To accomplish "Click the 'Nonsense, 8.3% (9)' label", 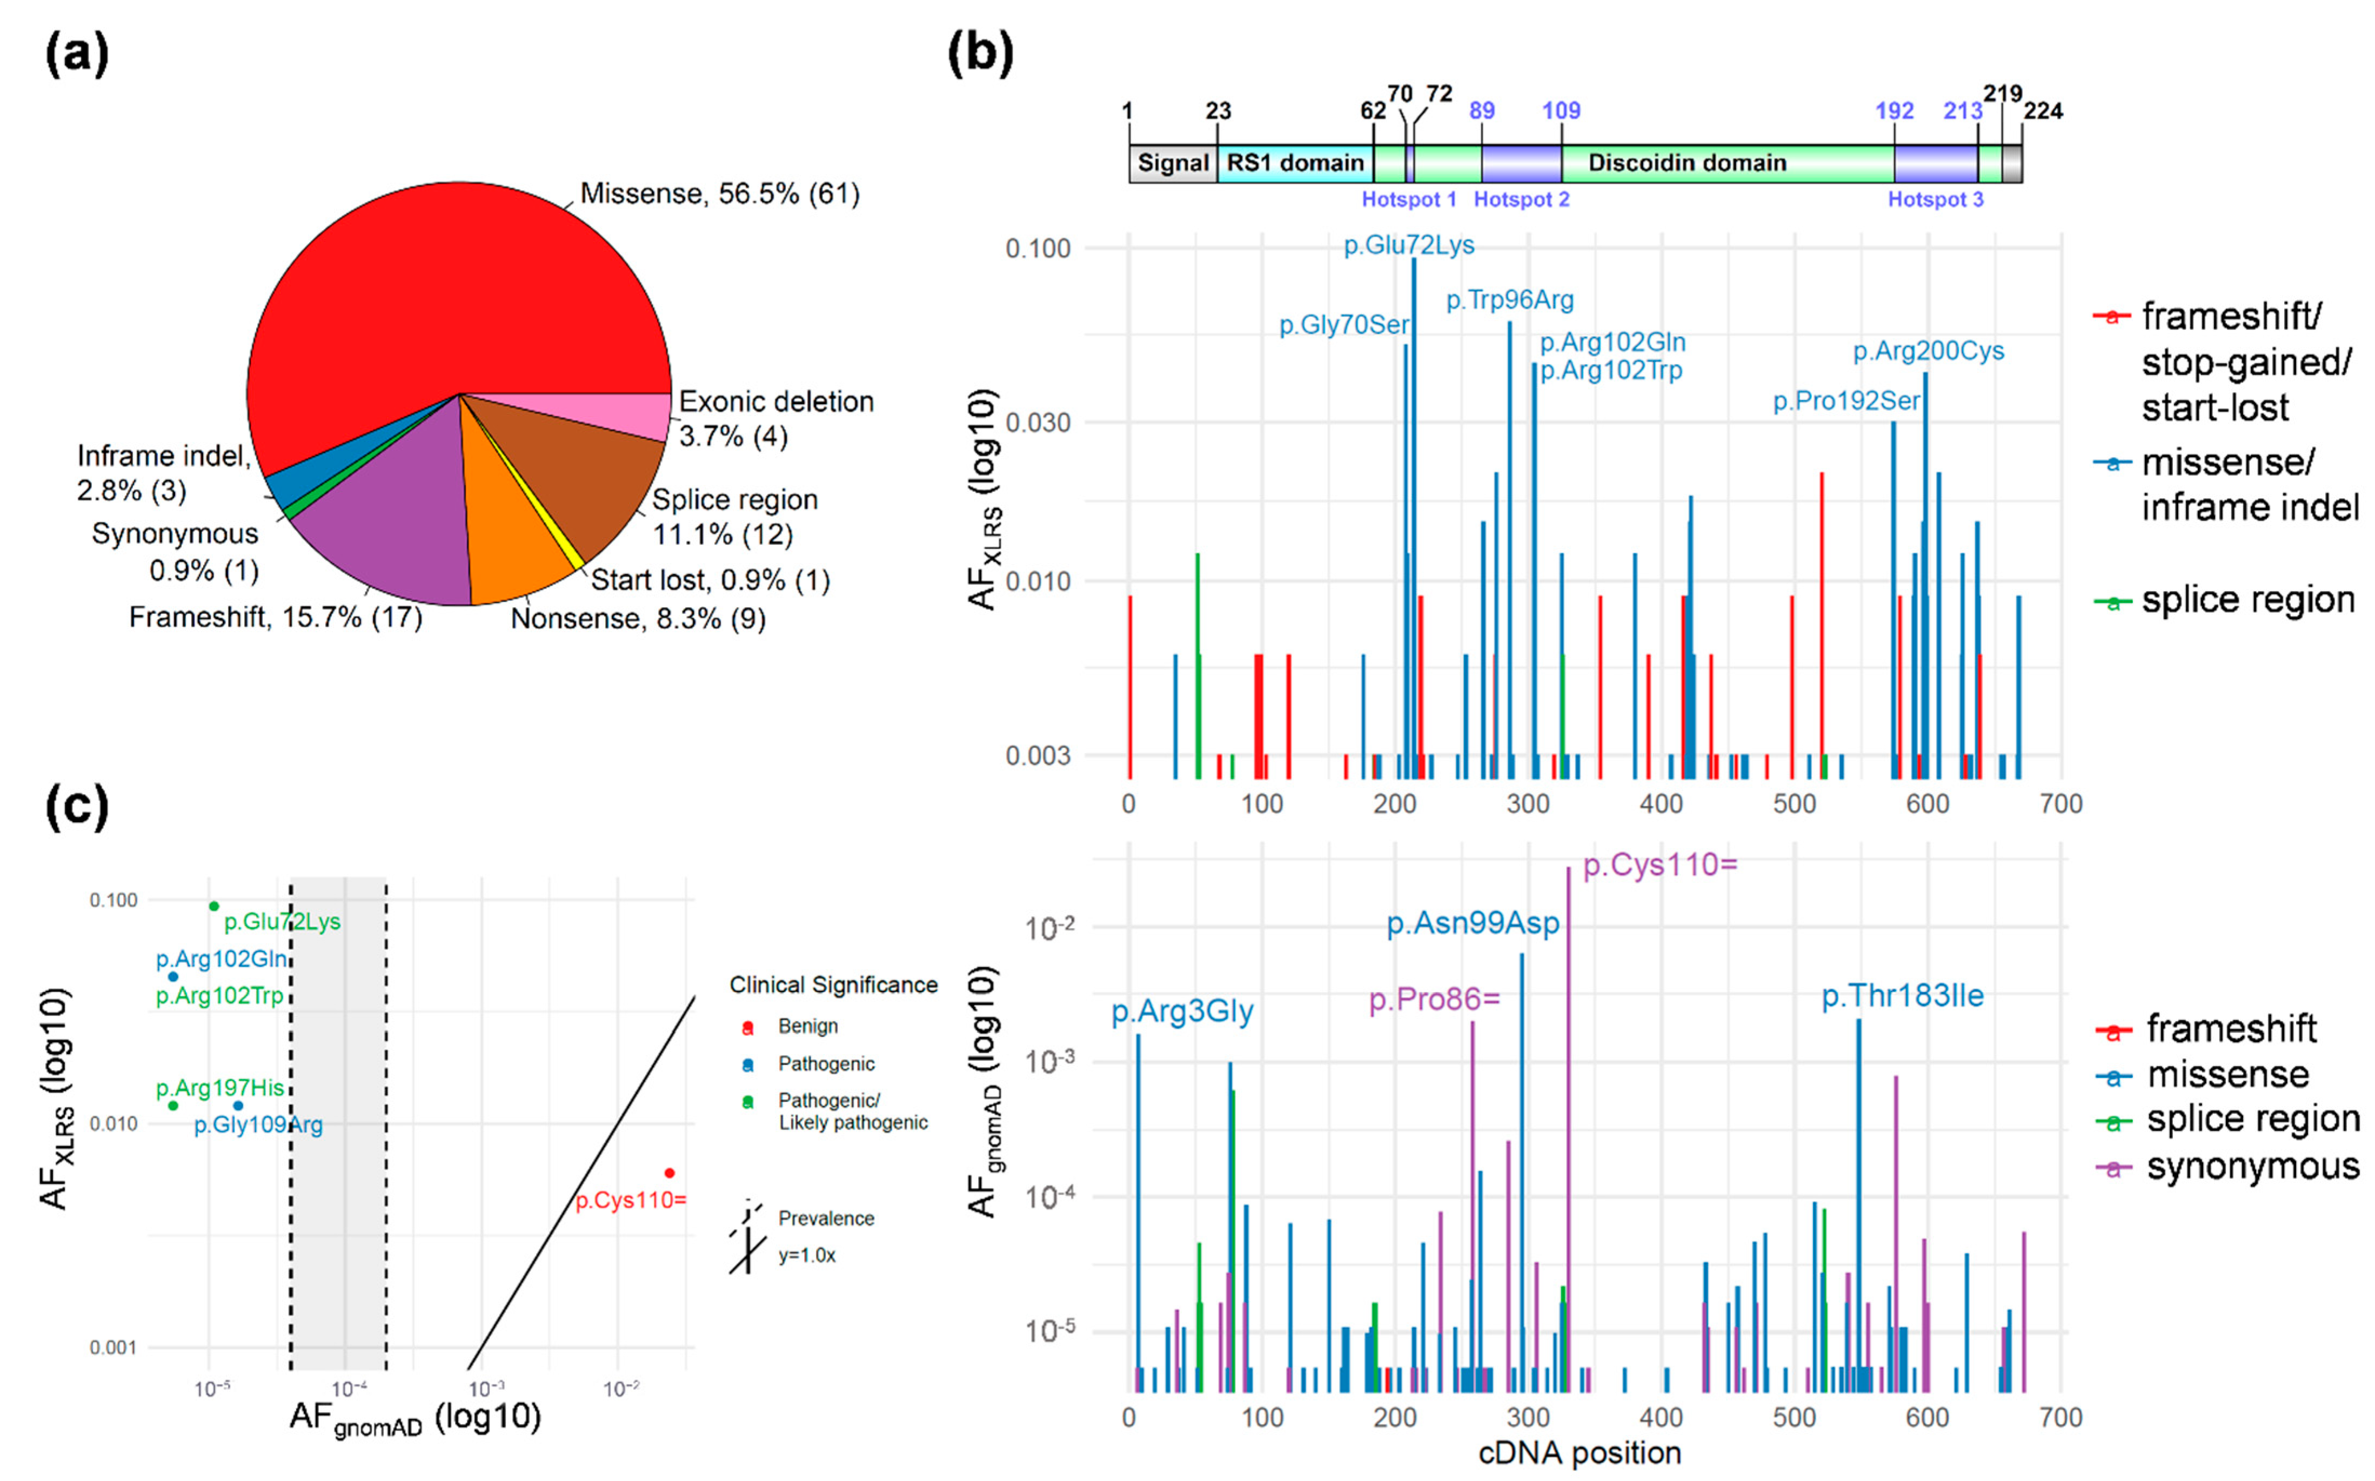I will pos(638,618).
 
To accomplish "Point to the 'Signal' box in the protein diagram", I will pos(1172,163).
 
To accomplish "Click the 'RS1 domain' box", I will pos(1294,163).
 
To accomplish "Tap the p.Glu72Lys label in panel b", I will pos(1408,245).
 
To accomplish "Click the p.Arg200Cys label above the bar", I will pos(1928,351).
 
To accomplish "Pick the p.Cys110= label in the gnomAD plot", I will pos(1659,865).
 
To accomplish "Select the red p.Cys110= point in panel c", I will pos(669,1172).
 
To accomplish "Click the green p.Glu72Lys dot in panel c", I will pos(213,906).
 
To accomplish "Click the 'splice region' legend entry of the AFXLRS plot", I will pos(2247,599).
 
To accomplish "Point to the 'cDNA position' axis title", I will pos(1579,1452).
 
